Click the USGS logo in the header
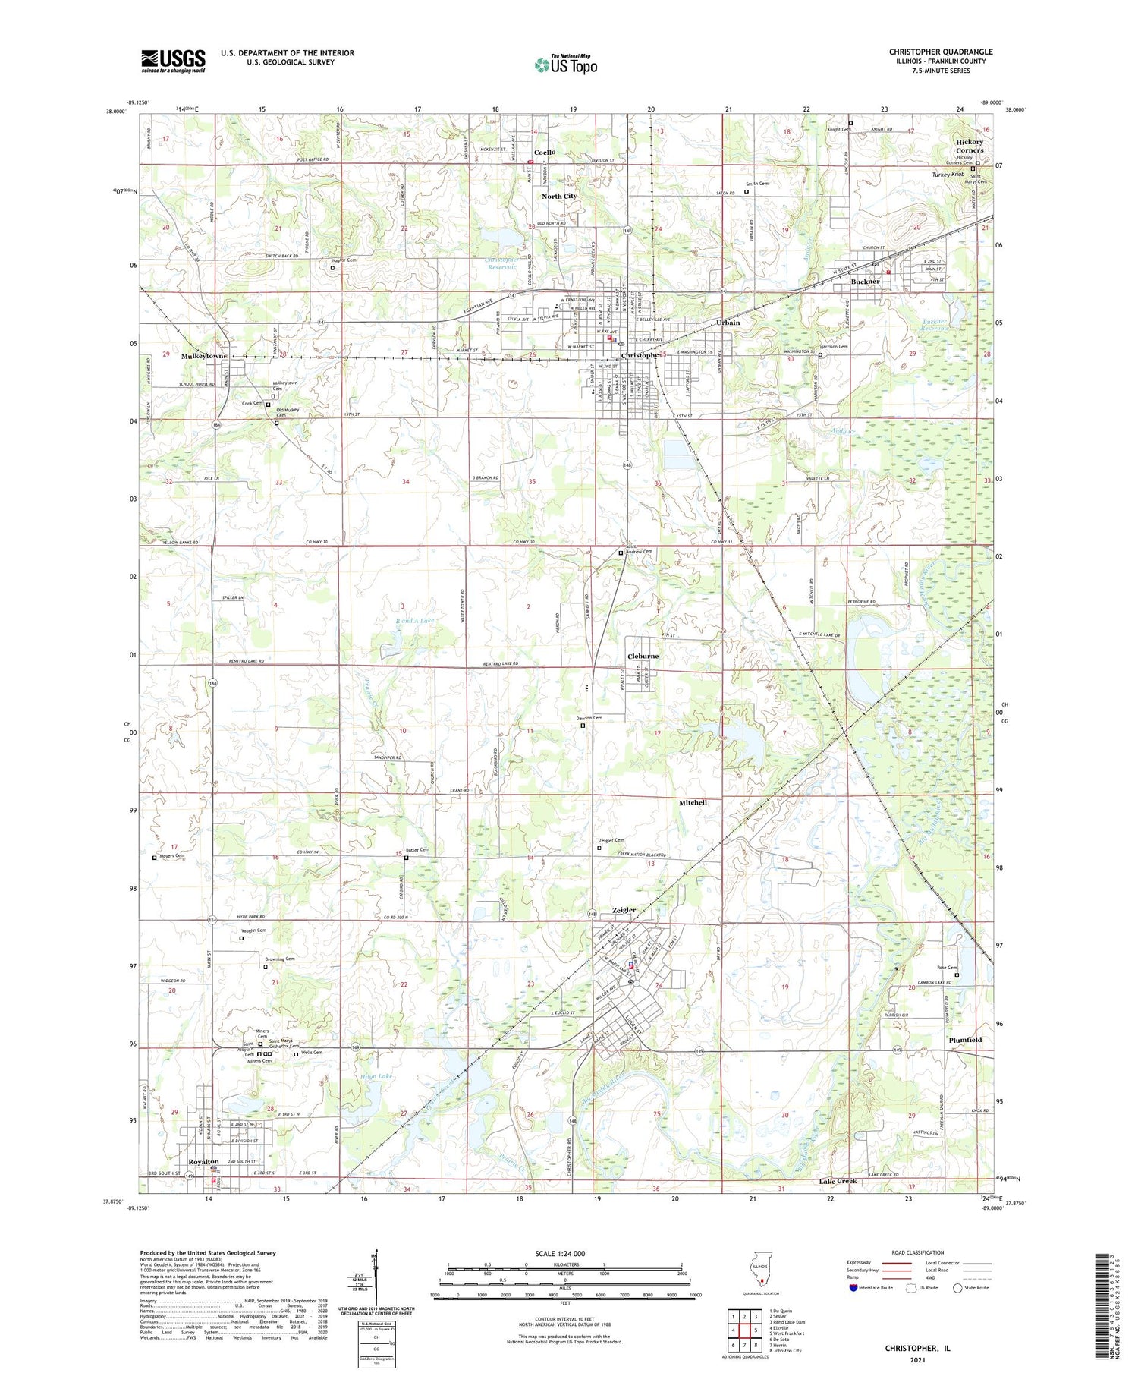point(173,61)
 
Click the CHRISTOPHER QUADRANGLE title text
point(940,52)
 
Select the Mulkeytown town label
point(204,356)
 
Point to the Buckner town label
point(865,282)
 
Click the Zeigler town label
point(624,910)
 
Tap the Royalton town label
point(203,1162)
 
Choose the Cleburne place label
point(643,656)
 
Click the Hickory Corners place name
point(969,146)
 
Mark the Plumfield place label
point(965,1040)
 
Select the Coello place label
point(544,152)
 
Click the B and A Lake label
point(415,620)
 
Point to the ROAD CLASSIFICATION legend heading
point(918,1252)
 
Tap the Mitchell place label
point(692,802)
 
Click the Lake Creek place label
point(838,1181)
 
